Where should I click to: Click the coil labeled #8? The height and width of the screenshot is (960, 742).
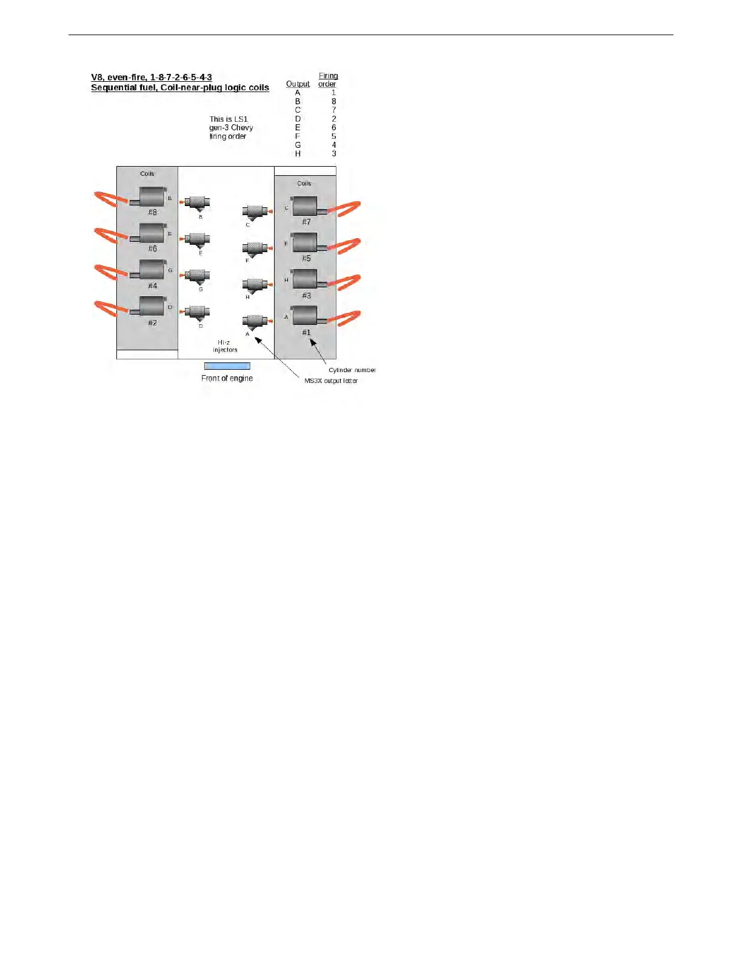151,197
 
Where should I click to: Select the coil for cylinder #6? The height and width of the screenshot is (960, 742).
151,233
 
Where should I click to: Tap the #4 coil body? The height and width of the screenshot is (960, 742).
151,270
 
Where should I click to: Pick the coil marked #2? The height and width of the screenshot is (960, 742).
151,306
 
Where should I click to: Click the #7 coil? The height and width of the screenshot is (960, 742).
305,206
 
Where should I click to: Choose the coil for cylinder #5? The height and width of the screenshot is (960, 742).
305,242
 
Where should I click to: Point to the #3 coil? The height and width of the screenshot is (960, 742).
305,279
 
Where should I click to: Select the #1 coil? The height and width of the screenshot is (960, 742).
305,316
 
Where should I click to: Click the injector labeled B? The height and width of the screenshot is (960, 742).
197,203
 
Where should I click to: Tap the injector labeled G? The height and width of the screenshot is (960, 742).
197,276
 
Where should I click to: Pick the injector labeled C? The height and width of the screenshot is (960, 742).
255,212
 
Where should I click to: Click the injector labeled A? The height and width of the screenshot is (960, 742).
255,321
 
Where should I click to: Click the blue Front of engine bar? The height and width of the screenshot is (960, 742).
227,366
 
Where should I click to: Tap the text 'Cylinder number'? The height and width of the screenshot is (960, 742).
352,370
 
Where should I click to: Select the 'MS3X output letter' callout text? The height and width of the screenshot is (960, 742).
330,381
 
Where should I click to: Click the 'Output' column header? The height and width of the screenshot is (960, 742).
298,84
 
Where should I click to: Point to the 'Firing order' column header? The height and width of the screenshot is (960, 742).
328,80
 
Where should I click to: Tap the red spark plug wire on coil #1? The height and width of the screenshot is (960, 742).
346,318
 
